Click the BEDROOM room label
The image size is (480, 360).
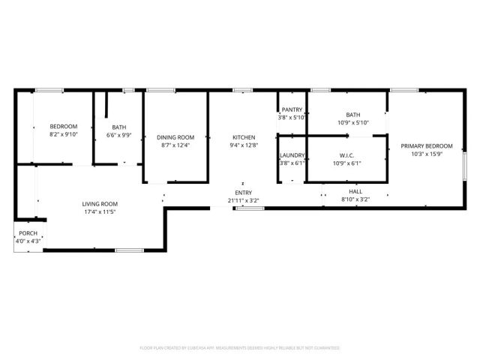(64, 126)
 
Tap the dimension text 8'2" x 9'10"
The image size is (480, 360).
(64, 134)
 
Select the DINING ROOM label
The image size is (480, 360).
(175, 137)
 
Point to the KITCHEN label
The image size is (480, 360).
(244, 137)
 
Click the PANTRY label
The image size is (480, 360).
(292, 110)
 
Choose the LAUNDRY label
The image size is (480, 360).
(292, 155)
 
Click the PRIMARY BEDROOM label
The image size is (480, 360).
(427, 146)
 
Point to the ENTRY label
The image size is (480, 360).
(243, 193)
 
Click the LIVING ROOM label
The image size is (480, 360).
(100, 204)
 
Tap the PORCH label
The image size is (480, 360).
(28, 234)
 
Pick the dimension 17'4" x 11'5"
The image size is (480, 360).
(100, 212)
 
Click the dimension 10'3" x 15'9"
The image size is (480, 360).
(427, 154)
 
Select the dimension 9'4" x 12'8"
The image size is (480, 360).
(244, 145)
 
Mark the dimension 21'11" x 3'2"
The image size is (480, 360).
(243, 201)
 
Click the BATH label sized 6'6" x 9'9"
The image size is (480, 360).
(118, 127)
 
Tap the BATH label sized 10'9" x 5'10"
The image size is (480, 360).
(352, 114)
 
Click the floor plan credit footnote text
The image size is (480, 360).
(240, 348)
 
